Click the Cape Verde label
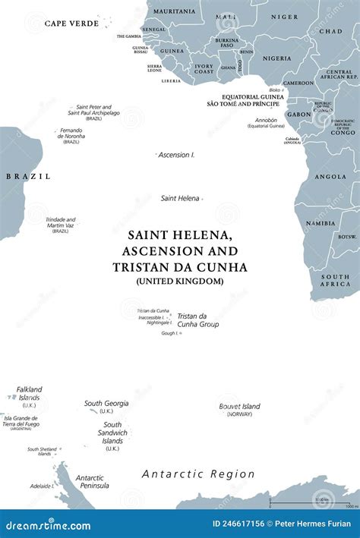(71, 24)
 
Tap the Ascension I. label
(176, 155)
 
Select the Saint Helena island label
(180, 198)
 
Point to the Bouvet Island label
(239, 407)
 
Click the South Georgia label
(106, 404)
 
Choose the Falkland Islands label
(30, 394)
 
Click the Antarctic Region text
(198, 474)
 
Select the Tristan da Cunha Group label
(197, 320)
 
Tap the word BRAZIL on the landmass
(28, 176)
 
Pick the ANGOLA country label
(330, 177)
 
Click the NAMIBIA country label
(320, 224)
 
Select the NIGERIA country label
(276, 58)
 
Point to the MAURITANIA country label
(174, 11)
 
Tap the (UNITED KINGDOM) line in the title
(180, 281)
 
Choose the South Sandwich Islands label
(112, 433)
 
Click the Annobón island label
(265, 120)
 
